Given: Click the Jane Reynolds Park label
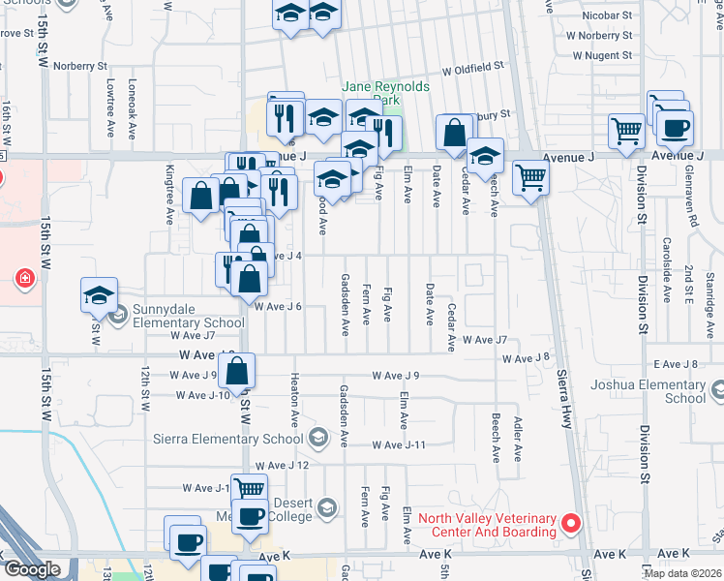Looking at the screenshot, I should pos(385,93).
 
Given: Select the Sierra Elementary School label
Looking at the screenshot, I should pos(228,439).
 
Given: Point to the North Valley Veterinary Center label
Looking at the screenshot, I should pos(487,524).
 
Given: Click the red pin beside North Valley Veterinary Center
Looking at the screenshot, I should pos(571,524).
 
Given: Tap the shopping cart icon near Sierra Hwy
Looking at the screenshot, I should pos(530,178).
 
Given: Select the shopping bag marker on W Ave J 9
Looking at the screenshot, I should pos(237,370).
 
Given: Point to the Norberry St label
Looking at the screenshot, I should pos(80,66).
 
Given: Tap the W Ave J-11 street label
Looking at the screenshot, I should pos(400,444).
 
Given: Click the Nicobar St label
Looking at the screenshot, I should pos(607,15).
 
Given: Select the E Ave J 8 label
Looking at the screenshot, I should pos(675,364).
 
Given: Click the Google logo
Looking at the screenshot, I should pos(32,570).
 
